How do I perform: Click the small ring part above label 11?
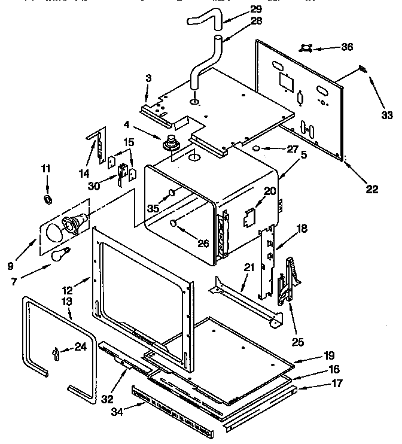(47, 199)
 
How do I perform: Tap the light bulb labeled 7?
(59, 256)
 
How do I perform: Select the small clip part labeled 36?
(308, 47)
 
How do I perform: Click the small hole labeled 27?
(255, 147)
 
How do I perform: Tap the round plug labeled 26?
(173, 223)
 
